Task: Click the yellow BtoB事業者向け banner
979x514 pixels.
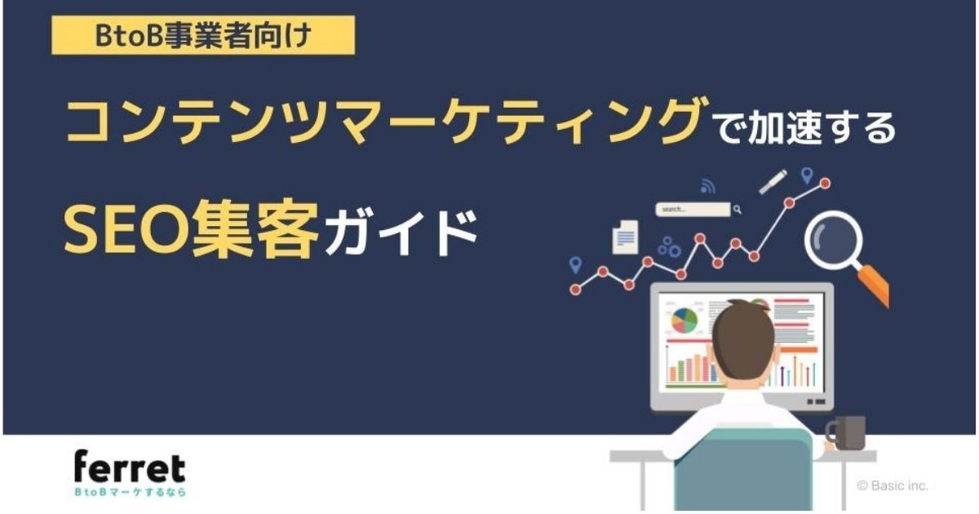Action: click(x=203, y=35)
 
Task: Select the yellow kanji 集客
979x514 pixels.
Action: click(x=255, y=229)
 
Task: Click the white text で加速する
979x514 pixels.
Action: click(x=805, y=128)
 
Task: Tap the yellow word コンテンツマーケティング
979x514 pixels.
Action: click(x=387, y=120)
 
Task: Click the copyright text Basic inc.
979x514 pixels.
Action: click(x=893, y=485)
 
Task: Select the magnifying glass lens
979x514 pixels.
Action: click(x=834, y=240)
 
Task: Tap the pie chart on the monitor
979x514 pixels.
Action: click(x=684, y=321)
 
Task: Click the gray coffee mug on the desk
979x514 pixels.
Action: click(x=846, y=432)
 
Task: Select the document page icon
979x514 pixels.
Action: click(x=626, y=237)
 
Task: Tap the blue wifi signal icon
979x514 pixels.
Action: click(x=707, y=186)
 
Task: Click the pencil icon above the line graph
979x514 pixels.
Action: click(x=773, y=181)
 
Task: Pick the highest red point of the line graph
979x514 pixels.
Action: click(x=825, y=184)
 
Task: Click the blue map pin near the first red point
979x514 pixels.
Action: click(x=576, y=265)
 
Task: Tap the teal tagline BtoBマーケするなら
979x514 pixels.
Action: click(x=131, y=492)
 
